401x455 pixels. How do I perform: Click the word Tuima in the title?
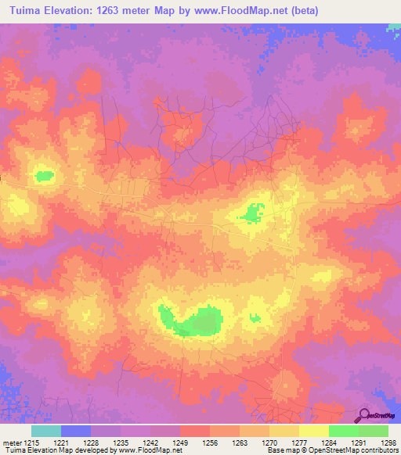pyautogui.click(x=27, y=11)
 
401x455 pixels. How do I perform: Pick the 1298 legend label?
pyautogui.click(x=389, y=442)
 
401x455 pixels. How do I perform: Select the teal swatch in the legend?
pyautogui.click(x=46, y=431)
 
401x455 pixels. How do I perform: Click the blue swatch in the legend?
pyautogui.click(x=76, y=431)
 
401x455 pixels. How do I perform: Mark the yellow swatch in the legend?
pyautogui.click(x=314, y=431)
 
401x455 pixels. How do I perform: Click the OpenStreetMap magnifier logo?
pyautogui.click(x=363, y=415)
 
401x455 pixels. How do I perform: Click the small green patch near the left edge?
pyautogui.click(x=44, y=176)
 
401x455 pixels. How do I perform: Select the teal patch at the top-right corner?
pyautogui.click(x=394, y=27)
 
